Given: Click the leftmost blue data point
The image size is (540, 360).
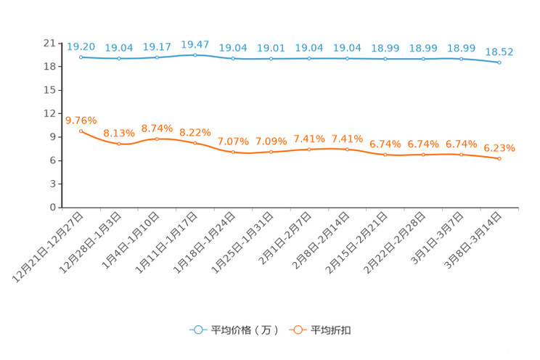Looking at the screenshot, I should [x=81, y=56].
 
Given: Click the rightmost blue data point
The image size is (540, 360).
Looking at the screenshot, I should [x=499, y=63].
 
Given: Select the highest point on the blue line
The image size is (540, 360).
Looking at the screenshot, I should [x=195, y=54].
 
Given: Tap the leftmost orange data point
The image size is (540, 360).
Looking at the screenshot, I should [x=81, y=131].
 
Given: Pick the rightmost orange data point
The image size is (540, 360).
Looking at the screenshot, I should [x=499, y=158].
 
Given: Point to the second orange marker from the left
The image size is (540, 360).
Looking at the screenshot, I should [x=119, y=144].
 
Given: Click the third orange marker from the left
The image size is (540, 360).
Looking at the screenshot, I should [x=157, y=139].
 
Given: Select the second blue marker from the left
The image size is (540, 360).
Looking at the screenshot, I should [x=119, y=58].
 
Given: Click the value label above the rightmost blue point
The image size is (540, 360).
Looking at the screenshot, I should [x=499, y=52].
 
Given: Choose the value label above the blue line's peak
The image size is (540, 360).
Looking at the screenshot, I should [x=195, y=44].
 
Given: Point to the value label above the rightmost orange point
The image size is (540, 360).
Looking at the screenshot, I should [x=499, y=148].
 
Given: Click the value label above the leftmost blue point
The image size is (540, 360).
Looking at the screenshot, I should [x=81, y=46].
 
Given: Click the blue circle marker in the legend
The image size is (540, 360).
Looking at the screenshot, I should [x=197, y=330].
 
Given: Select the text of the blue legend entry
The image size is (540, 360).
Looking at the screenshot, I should [x=243, y=330].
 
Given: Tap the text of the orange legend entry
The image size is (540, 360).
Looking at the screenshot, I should [x=332, y=330].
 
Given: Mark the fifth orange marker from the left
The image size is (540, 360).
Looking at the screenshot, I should [x=233, y=152].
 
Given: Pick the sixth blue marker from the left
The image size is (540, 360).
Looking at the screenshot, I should [x=271, y=58].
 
